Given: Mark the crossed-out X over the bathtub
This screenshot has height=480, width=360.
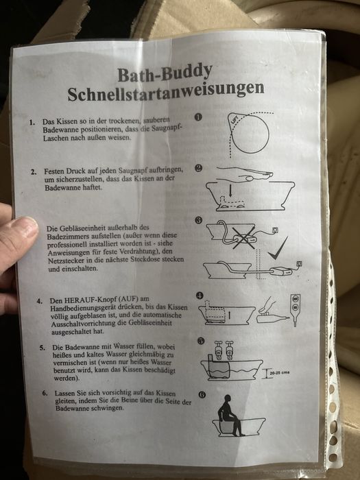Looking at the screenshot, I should pos(240,237).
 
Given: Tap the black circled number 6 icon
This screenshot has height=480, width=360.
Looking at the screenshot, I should pos(202,395).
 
